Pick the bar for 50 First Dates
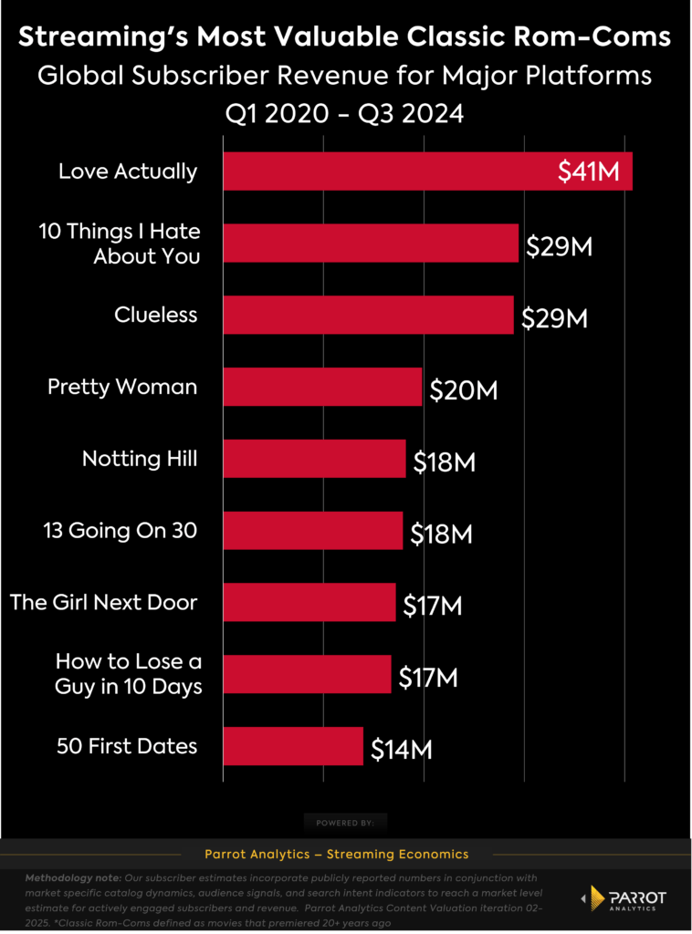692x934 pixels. click(x=293, y=746)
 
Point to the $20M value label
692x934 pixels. click(x=463, y=390)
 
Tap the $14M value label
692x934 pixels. click(x=402, y=750)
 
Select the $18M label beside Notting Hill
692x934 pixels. click(x=445, y=462)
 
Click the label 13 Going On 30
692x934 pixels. click(x=120, y=530)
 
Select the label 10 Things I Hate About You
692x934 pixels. click(x=120, y=244)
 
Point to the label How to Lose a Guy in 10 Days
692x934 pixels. click(x=129, y=673)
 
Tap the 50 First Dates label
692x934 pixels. click(x=126, y=746)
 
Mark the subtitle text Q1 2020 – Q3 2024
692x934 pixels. click(x=345, y=114)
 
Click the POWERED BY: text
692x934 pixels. click(x=345, y=823)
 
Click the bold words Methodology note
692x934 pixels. click(x=69, y=877)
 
